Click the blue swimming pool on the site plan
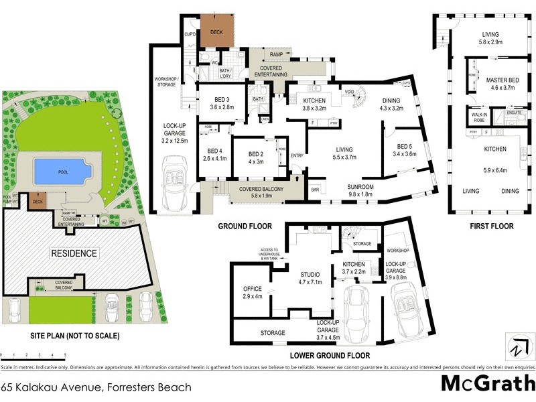pyautogui.click(x=61, y=172)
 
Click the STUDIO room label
pyautogui.click(x=310, y=275)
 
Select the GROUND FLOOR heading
pyautogui.click(x=244, y=226)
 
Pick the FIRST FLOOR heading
pyautogui.click(x=492, y=226)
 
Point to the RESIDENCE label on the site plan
pyautogui.click(x=74, y=253)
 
